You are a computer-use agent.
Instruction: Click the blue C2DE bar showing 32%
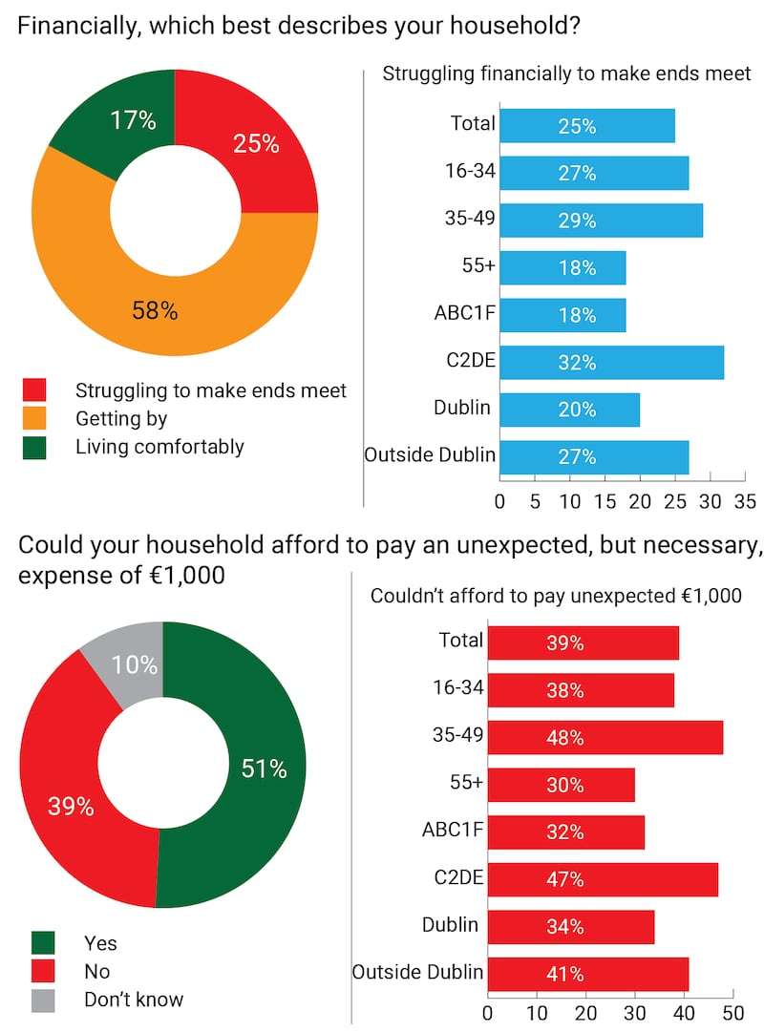click(x=611, y=363)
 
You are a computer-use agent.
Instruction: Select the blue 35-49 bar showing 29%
click(x=601, y=221)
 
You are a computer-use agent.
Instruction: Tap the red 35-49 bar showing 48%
click(x=605, y=738)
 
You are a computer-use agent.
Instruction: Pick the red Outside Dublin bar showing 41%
click(x=587, y=975)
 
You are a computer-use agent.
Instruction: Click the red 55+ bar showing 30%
click(x=561, y=785)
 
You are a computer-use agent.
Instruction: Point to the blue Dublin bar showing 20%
click(x=569, y=410)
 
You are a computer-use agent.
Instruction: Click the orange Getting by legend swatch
click(x=34, y=418)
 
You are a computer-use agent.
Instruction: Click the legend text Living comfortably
click(x=159, y=447)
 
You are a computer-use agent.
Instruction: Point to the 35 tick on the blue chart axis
click(x=745, y=499)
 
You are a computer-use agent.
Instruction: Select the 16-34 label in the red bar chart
click(x=459, y=689)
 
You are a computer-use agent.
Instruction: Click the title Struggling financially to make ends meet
click(x=566, y=74)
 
